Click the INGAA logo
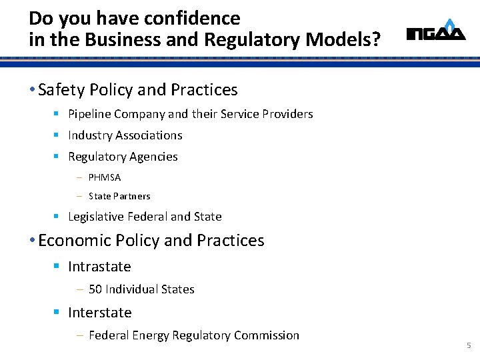436,31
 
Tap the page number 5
469,345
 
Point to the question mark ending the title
377,40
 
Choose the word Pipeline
89,114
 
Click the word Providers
287,114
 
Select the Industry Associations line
125,135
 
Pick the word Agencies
154,157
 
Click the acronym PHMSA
105,178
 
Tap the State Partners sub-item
119,196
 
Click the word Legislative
96,217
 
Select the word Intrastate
99,267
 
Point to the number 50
95,289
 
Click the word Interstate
99,313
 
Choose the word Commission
269,335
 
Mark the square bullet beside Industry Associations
57,135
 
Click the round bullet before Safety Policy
33,90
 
